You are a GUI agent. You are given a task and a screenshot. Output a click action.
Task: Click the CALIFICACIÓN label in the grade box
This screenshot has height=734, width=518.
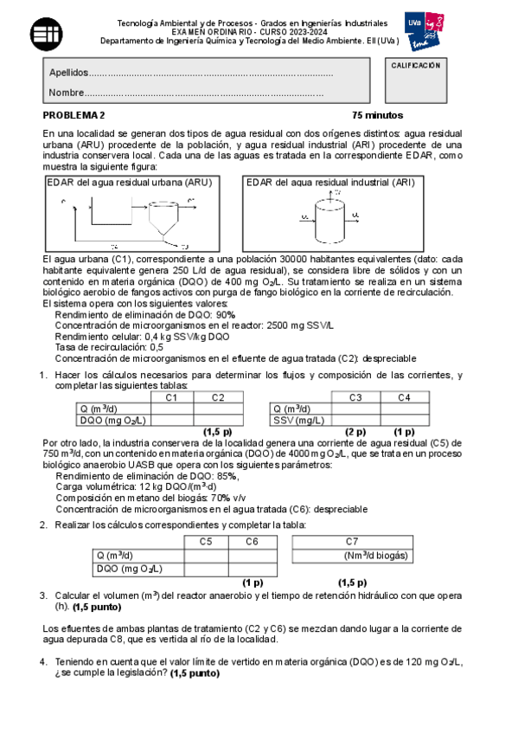[x=416, y=66]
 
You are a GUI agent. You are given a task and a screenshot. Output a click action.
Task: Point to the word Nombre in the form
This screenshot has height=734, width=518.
[x=67, y=93]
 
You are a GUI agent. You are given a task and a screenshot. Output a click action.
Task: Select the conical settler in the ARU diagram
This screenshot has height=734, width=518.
[x=162, y=218]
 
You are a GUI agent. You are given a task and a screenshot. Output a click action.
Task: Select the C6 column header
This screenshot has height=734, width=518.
[x=252, y=542]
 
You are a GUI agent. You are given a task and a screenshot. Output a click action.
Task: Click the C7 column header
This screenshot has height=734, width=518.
[x=352, y=542]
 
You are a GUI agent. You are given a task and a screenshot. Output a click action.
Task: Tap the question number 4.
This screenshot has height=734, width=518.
[x=43, y=662]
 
